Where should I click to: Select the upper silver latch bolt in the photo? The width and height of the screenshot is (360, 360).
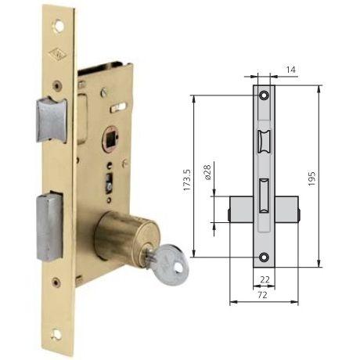point(52,120)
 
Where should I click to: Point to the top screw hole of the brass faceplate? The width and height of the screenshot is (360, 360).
point(58,26)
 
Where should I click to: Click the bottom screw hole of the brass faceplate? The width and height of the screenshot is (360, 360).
point(56,334)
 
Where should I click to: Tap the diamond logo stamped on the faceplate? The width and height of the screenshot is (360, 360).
point(56,54)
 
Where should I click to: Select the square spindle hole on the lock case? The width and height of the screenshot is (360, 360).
point(112,139)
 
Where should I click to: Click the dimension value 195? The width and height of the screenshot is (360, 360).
point(311,178)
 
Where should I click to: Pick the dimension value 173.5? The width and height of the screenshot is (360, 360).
point(188,181)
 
